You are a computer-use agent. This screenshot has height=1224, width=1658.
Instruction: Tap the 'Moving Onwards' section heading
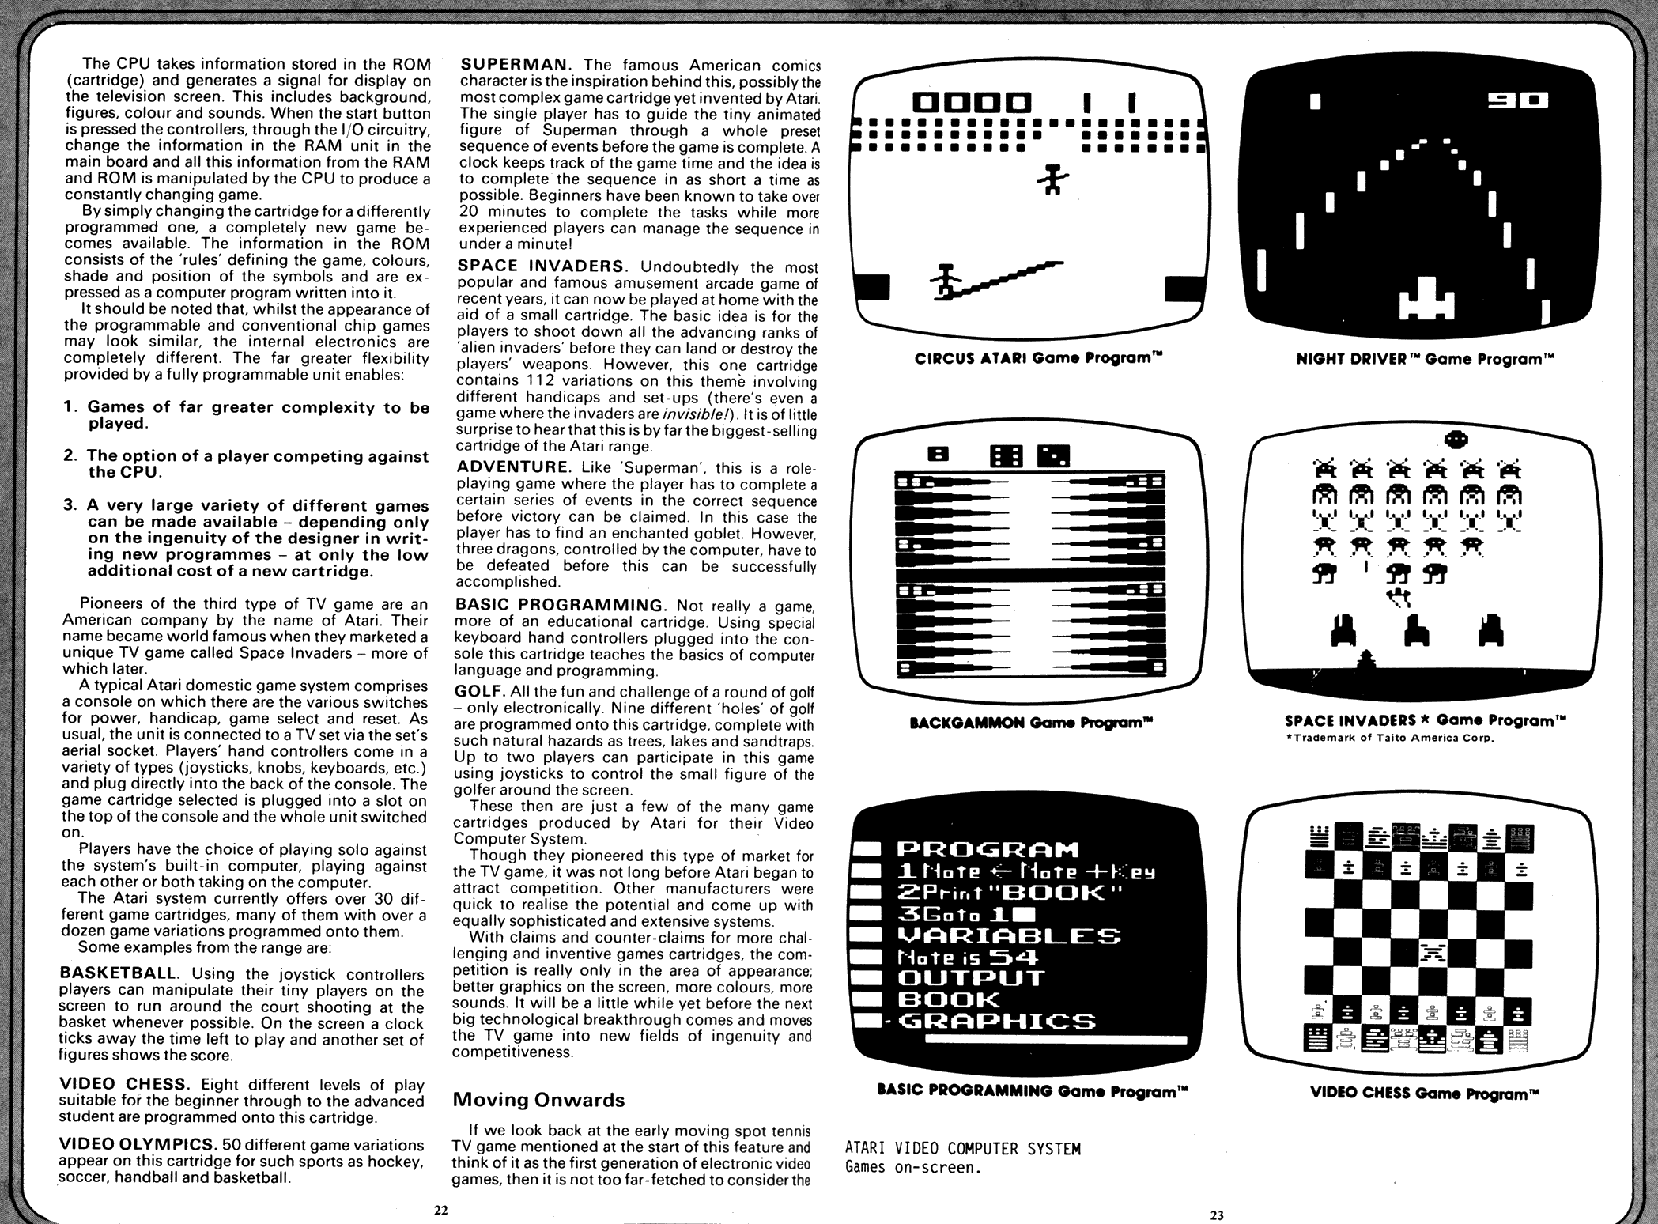click(538, 1100)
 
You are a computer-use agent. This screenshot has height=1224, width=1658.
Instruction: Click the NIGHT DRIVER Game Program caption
click(1425, 359)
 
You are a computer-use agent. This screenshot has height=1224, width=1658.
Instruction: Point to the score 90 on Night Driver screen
click(1517, 100)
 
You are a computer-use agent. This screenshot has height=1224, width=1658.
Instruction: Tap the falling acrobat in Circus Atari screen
click(1052, 178)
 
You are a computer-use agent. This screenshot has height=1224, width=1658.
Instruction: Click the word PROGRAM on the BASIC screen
click(988, 850)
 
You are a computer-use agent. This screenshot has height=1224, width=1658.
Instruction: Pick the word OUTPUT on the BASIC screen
click(971, 978)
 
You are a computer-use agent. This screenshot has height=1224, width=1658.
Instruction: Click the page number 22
click(440, 1210)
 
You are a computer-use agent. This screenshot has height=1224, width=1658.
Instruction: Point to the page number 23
click(1217, 1215)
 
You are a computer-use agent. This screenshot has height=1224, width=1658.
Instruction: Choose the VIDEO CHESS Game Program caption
click(1425, 1093)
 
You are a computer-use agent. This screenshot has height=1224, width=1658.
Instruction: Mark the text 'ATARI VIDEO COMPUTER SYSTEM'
click(962, 1148)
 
